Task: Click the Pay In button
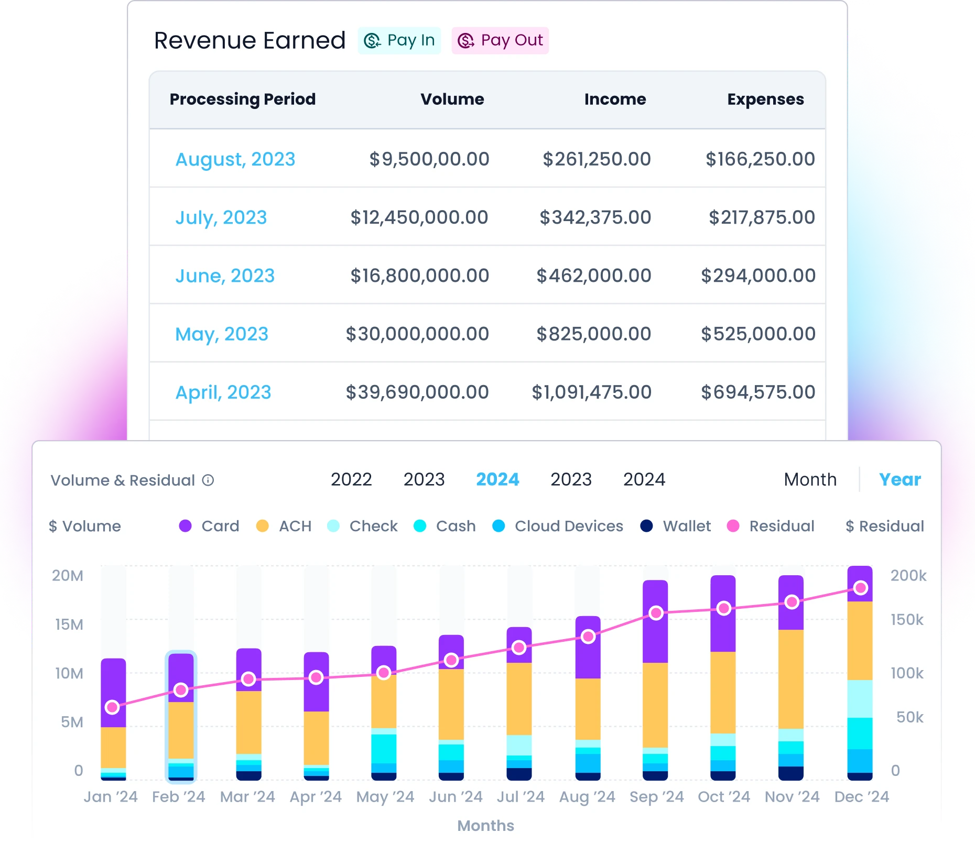click(399, 40)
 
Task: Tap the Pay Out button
click(500, 40)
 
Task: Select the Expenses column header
click(765, 99)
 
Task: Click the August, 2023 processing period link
click(235, 159)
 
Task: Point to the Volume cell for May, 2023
click(417, 334)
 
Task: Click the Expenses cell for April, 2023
click(758, 392)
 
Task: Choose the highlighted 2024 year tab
click(497, 479)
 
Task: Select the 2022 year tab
click(351, 479)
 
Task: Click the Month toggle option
click(810, 479)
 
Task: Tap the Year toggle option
click(900, 479)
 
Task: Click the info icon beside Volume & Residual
click(208, 480)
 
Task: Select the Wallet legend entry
click(676, 526)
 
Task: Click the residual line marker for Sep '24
click(656, 613)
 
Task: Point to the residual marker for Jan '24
click(112, 707)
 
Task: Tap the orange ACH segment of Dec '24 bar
click(860, 641)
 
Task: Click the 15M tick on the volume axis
click(69, 624)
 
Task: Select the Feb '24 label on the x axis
click(179, 797)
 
